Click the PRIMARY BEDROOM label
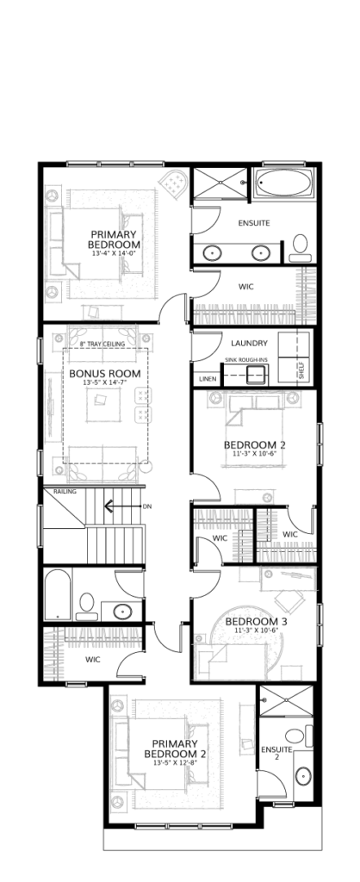115,239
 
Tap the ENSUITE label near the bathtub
254,223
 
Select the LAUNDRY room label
249,343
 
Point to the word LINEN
208,379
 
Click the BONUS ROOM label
105,374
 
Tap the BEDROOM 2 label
255,445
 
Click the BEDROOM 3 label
257,622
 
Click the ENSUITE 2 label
276,753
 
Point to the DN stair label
147,506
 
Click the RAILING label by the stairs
65,492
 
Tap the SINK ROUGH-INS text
245,359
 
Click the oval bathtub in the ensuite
284,183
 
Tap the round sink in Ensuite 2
303,776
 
